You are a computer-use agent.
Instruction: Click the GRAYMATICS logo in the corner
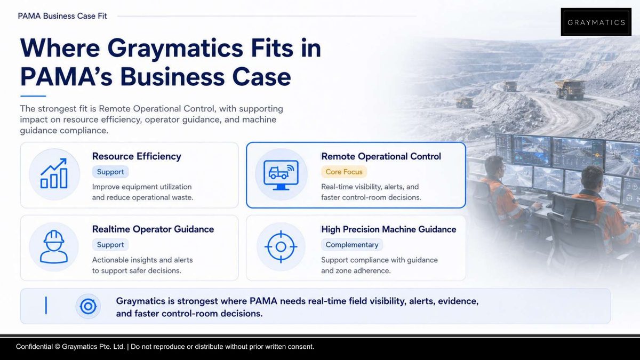pos(596,22)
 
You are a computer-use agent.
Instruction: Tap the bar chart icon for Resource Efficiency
pos(54,173)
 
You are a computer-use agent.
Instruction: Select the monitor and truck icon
pos(281,175)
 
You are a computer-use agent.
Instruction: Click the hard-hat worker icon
pos(54,246)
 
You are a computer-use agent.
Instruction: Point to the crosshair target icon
pos(281,246)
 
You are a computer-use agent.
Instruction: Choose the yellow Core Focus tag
pos(344,172)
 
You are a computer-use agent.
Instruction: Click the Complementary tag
pos(351,245)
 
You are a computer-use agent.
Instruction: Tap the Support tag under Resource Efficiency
pos(110,172)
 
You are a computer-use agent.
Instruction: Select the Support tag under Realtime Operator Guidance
pos(110,245)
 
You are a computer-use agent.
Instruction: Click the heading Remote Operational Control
pos(381,156)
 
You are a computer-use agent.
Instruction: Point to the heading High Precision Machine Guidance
pos(389,229)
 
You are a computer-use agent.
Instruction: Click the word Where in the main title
pos(60,48)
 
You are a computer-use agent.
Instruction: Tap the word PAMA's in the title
pos(66,77)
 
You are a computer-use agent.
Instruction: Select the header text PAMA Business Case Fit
pos(62,16)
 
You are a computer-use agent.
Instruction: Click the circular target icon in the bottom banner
pos(88,306)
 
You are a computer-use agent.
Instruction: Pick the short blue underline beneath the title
pos(33,96)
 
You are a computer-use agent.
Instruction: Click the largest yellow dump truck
pos(570,89)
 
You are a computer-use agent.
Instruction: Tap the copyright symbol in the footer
pos(57,347)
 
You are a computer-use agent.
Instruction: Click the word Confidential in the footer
pos(34,347)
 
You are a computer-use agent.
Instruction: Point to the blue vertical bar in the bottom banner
pos(46,306)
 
